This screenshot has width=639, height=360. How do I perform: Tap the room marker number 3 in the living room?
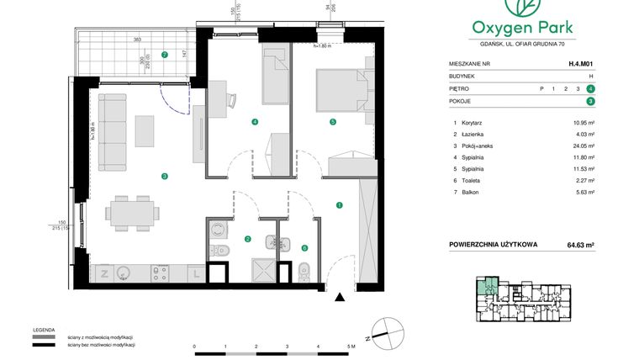165,176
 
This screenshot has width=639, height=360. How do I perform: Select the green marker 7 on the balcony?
165,56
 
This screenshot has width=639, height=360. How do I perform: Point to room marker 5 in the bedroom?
333,122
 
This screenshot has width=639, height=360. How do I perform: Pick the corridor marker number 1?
339,204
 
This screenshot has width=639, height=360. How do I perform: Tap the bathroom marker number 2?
247,239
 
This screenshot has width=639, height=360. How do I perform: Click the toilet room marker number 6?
304,248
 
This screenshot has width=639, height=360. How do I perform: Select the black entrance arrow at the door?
339,296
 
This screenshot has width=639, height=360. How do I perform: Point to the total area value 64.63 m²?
579,246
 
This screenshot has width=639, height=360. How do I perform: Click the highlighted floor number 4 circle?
592,87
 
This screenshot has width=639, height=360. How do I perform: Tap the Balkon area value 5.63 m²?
584,193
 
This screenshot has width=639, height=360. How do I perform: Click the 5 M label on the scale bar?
352,347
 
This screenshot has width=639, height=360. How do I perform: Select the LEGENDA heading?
45,330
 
